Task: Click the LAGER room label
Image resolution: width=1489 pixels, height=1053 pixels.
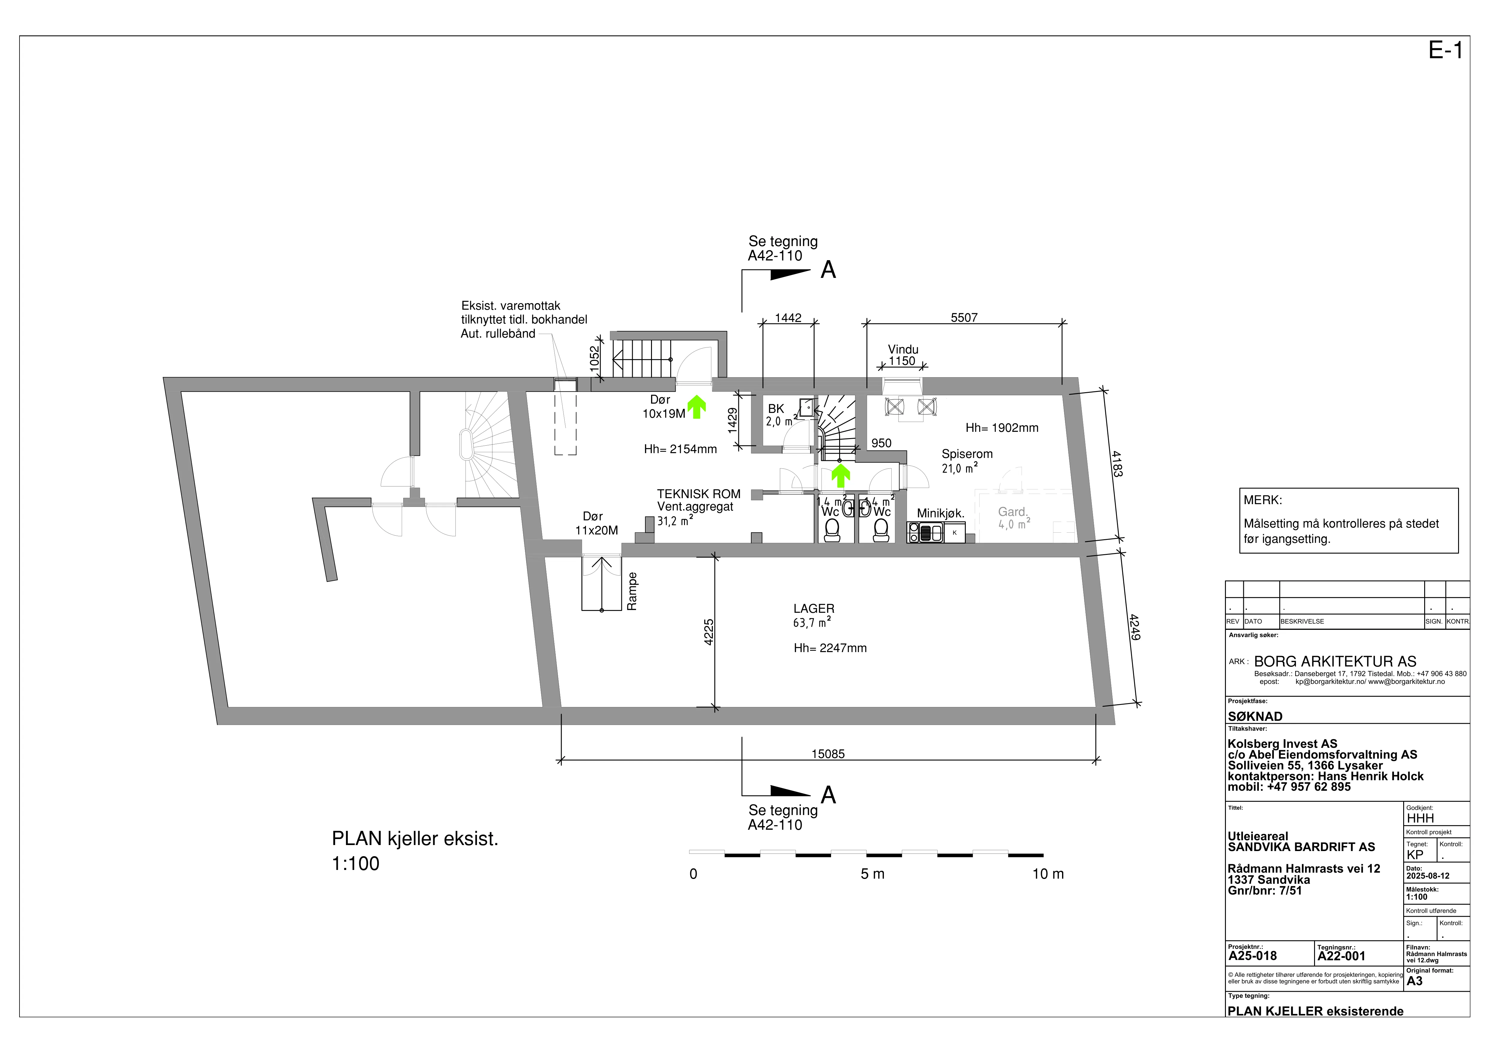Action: pyautogui.click(x=814, y=609)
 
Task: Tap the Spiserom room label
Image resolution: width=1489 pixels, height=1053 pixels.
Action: pyautogui.click(x=967, y=454)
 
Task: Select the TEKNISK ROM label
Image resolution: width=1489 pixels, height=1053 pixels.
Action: pyautogui.click(x=698, y=494)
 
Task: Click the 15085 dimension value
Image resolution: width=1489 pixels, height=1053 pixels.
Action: pyautogui.click(x=828, y=754)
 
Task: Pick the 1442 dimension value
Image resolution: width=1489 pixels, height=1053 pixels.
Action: pyautogui.click(x=788, y=318)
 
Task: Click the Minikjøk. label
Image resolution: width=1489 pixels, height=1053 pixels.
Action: pyautogui.click(x=940, y=513)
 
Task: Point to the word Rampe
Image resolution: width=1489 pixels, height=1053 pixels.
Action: pyautogui.click(x=632, y=591)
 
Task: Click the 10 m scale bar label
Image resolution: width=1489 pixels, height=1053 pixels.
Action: pyautogui.click(x=1048, y=874)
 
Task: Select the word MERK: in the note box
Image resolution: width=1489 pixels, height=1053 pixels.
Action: pyautogui.click(x=1263, y=500)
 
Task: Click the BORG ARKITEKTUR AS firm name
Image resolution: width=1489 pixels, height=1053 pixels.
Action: pyautogui.click(x=1335, y=662)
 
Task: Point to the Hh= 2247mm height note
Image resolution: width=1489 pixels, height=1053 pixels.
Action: pyautogui.click(x=830, y=648)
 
